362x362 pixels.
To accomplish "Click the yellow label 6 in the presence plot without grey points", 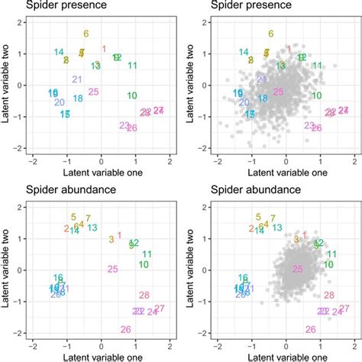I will coord(86,34).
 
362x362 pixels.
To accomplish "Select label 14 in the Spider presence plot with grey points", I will coord(244,52).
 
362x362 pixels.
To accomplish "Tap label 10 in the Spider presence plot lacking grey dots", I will coord(132,95).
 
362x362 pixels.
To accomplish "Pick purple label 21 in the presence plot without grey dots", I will coord(77,79).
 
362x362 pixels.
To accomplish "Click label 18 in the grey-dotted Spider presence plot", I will coord(263,99).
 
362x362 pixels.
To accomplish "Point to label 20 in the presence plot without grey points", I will coord(59,102).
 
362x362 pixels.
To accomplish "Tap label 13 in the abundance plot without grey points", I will coord(92,227).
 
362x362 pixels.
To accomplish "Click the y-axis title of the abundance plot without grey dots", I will coord(6,270).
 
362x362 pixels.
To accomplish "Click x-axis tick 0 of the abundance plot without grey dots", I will coord(101,344).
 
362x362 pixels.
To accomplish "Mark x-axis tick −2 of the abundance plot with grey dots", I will coord(218,344).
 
